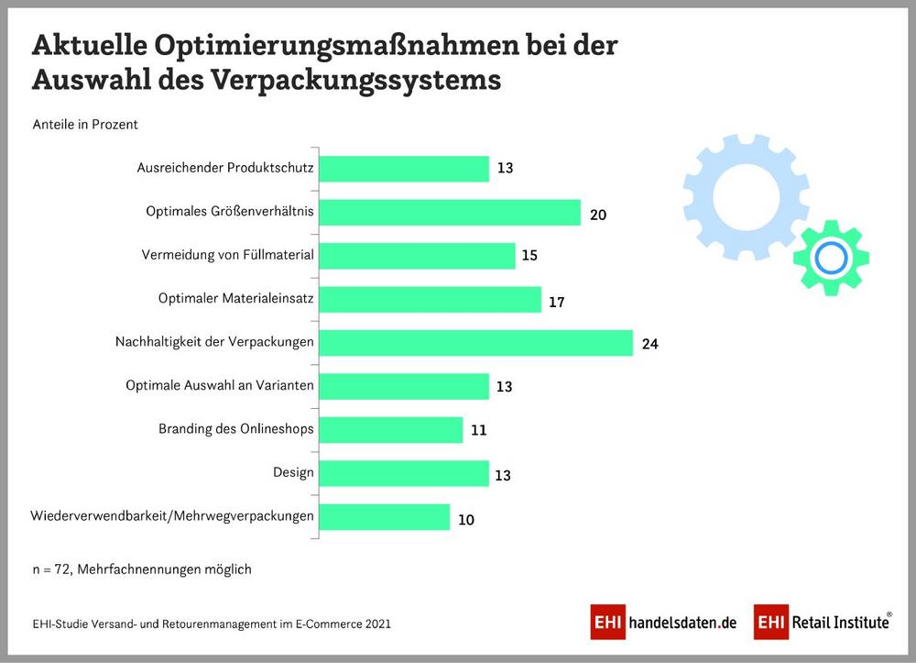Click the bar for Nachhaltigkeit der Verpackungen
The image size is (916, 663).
(x=475, y=343)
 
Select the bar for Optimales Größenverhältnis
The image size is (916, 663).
(x=450, y=213)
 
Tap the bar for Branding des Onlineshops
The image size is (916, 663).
(x=391, y=430)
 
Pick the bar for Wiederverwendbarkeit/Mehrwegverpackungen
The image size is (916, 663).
(x=385, y=517)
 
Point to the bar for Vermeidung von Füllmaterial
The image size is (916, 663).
(x=418, y=256)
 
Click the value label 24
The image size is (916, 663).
(x=650, y=344)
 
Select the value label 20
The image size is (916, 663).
(x=598, y=215)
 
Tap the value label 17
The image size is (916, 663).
(x=556, y=301)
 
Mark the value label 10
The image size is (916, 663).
(x=466, y=519)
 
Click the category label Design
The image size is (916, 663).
(x=293, y=472)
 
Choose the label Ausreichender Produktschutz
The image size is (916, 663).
(x=225, y=168)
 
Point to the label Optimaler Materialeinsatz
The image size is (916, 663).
(x=236, y=298)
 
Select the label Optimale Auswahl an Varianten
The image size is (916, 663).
(x=220, y=385)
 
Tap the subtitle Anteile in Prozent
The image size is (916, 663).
(x=85, y=124)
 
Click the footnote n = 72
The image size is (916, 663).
(x=53, y=569)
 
